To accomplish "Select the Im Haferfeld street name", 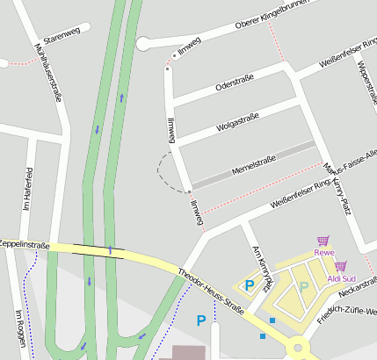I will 29,188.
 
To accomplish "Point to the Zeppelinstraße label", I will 24,244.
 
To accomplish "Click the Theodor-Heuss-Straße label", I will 211,291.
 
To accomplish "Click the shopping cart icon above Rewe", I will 323,241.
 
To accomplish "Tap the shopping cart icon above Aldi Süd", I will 340,266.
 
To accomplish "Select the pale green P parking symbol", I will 304,285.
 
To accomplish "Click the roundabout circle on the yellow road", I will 302,351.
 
